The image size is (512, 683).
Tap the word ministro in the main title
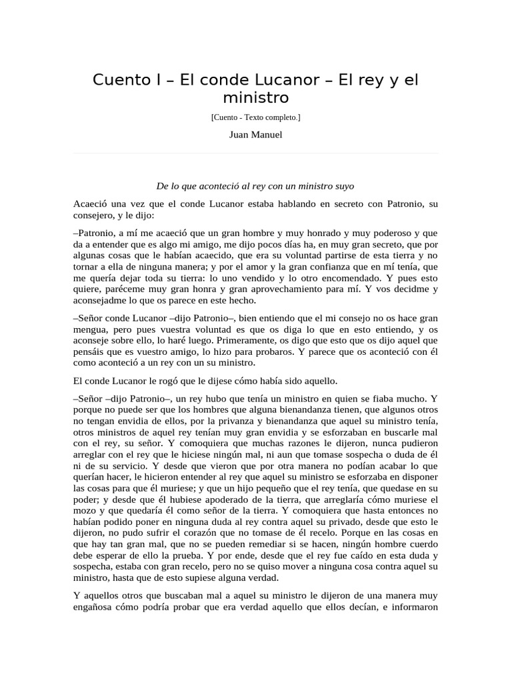[x=255, y=98]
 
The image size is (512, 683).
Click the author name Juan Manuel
[x=255, y=135]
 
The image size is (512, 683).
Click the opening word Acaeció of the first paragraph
[x=91, y=203]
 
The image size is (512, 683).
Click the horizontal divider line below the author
[x=255, y=153]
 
